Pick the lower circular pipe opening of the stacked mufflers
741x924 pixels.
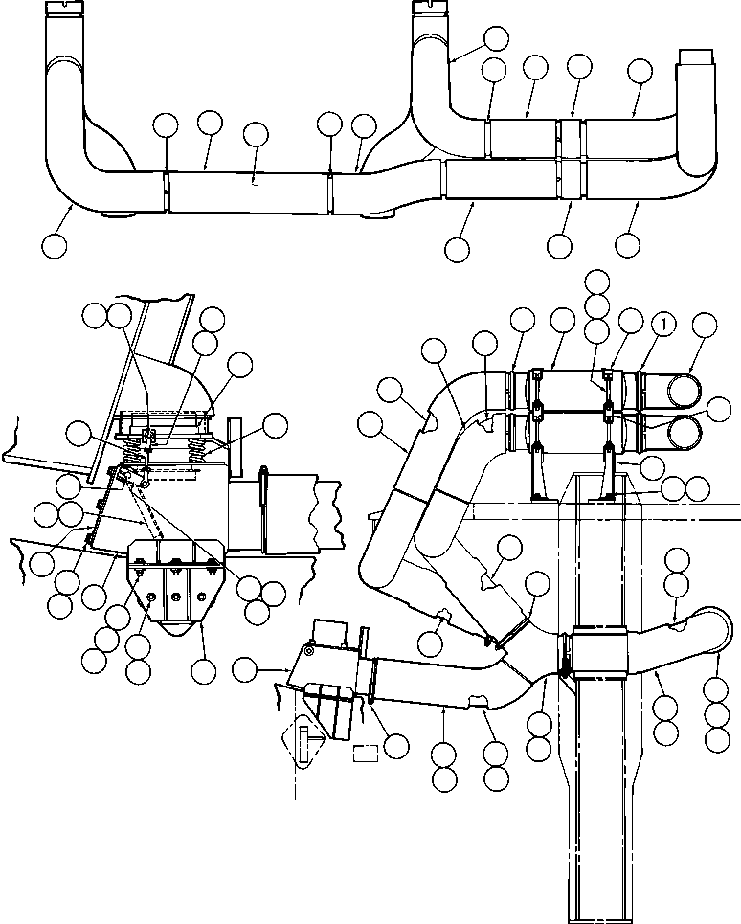click(x=688, y=430)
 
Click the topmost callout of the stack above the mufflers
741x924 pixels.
click(x=597, y=281)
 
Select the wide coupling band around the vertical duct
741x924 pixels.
click(x=598, y=653)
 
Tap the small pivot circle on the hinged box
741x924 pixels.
click(x=309, y=651)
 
